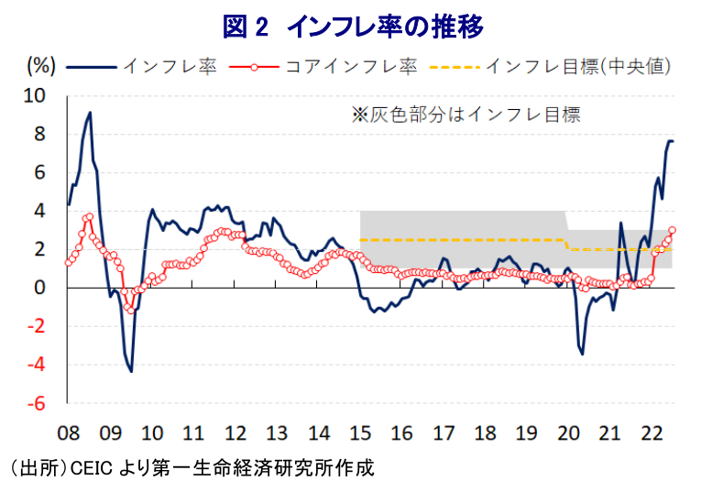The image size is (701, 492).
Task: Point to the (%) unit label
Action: click(x=42, y=66)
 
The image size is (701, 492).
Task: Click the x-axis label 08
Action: click(x=68, y=432)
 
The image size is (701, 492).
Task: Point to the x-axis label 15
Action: click(x=360, y=432)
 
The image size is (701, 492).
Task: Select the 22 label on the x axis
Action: click(x=652, y=432)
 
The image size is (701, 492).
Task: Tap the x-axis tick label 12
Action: click(x=235, y=432)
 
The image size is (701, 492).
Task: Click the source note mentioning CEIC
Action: click(x=192, y=467)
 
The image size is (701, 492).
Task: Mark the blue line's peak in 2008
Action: click(x=90, y=113)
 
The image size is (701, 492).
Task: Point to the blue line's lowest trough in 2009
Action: click(x=131, y=370)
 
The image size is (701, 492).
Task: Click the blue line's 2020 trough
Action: click(x=582, y=355)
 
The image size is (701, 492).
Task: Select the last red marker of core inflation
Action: click(x=673, y=230)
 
